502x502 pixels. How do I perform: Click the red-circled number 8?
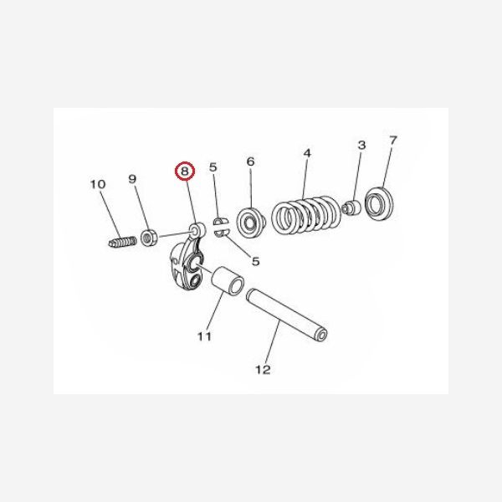(x=184, y=171)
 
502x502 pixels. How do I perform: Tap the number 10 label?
(x=98, y=184)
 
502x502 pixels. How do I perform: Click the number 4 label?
(x=307, y=153)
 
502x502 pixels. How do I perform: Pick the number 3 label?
(x=361, y=146)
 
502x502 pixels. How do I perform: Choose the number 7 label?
(x=393, y=140)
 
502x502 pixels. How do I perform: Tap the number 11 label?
(x=204, y=337)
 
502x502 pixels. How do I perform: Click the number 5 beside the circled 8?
(x=213, y=168)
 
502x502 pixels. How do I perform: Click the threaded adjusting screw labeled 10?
(x=123, y=243)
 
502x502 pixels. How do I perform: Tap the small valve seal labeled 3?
(x=353, y=207)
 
